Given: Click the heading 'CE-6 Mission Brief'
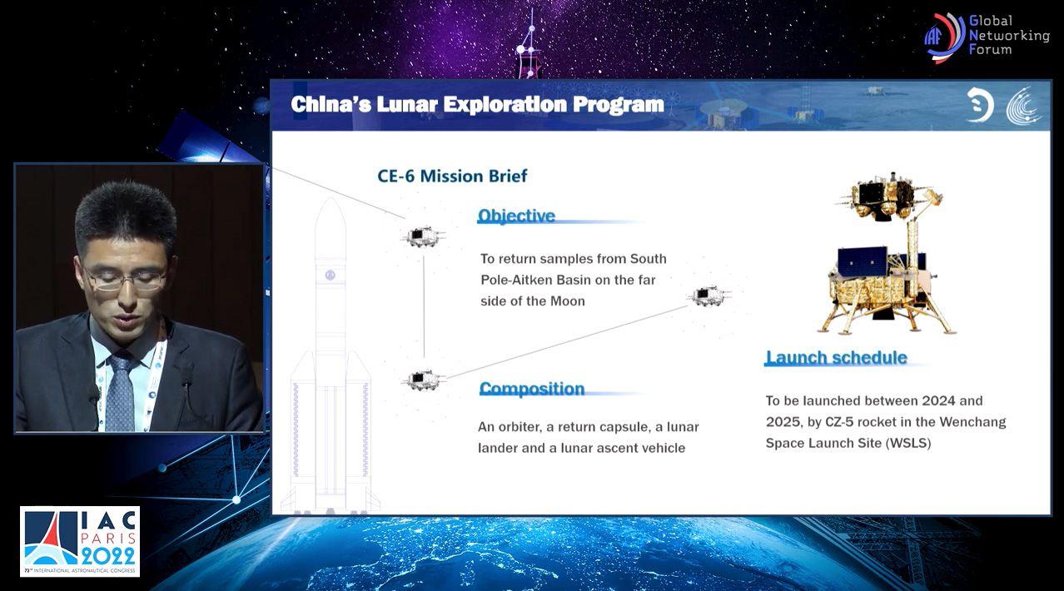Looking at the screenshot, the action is pyautogui.click(x=452, y=176).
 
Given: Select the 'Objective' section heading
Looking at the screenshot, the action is pyautogui.click(x=516, y=216).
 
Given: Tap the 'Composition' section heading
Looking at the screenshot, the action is pyautogui.click(x=532, y=389).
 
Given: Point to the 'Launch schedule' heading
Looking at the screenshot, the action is pyautogui.click(x=837, y=357).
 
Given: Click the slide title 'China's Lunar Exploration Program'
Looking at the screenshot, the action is pyautogui.click(x=477, y=105).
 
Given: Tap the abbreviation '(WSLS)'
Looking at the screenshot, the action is pyautogui.click(x=908, y=443).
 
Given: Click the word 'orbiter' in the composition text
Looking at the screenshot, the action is pyautogui.click(x=520, y=427).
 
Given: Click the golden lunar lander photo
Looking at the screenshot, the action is pyautogui.click(x=887, y=253).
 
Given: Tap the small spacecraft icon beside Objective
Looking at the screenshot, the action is pyautogui.click(x=423, y=236).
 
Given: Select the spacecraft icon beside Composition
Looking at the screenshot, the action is pyautogui.click(x=423, y=380).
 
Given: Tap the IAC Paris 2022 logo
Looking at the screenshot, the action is pyautogui.click(x=80, y=542).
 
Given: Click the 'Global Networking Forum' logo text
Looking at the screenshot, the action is pyautogui.click(x=1008, y=35).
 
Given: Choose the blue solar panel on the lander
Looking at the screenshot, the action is pyautogui.click(x=863, y=262).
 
